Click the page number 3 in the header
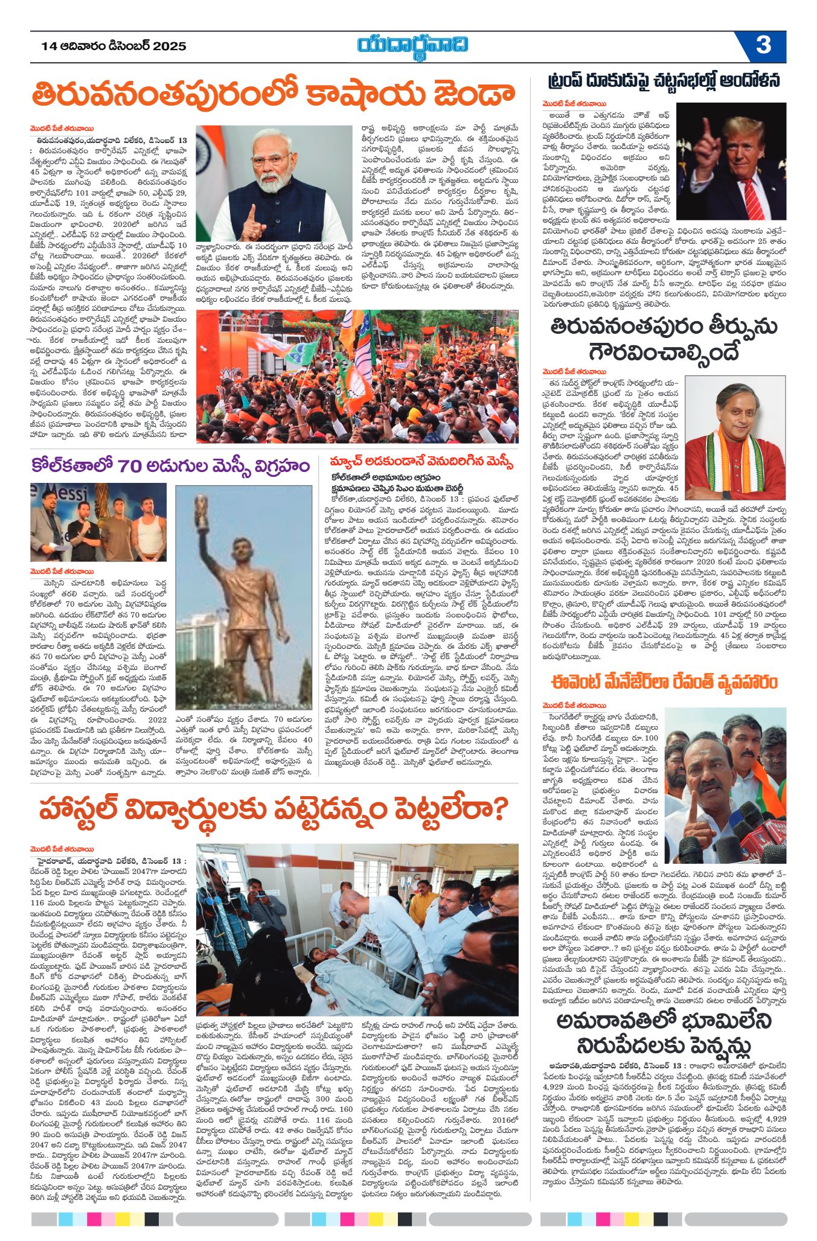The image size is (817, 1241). coord(763,46)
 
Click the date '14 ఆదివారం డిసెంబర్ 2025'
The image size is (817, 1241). coord(114,46)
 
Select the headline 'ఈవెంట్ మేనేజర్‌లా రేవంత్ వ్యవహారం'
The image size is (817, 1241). coord(664,682)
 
